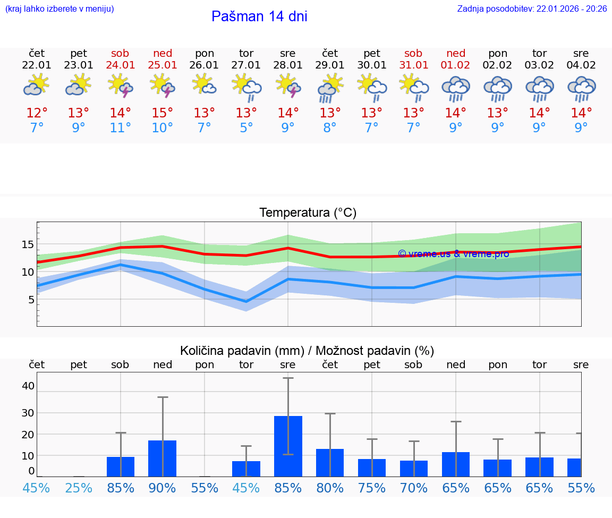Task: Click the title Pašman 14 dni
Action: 259,16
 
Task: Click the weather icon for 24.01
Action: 121,85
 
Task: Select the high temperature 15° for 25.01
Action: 163,113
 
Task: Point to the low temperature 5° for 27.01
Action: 246,128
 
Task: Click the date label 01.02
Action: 455,65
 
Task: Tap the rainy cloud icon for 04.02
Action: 581,88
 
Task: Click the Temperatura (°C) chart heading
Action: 308,213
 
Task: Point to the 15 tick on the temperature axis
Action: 28,245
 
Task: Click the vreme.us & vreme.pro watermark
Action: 453,253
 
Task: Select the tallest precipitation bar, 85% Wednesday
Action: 288,446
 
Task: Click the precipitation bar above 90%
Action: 163,458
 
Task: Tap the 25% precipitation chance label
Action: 79,488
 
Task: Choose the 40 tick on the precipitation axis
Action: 28,386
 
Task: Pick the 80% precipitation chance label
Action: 330,488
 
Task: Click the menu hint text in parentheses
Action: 59,9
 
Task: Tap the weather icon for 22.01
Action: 37,85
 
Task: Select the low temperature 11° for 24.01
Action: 121,128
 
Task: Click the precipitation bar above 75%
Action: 372,468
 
